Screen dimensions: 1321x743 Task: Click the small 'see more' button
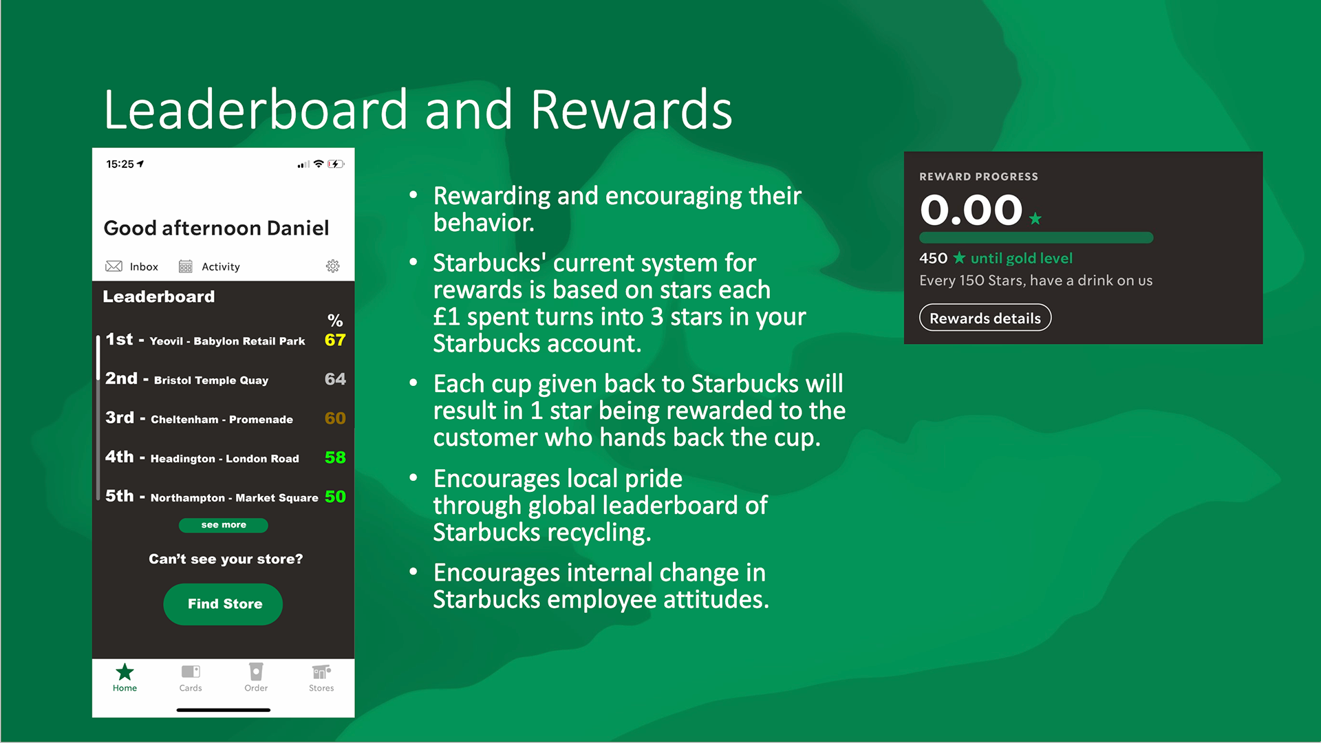pyautogui.click(x=223, y=525)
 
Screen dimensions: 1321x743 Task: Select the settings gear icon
pyautogui.click(x=333, y=266)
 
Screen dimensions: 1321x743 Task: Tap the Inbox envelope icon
pyautogui.click(x=114, y=266)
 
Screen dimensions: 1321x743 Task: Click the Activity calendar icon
pyautogui.click(x=185, y=266)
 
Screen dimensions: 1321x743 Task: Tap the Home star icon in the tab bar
pyautogui.click(x=125, y=671)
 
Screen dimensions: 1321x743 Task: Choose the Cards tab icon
pyautogui.click(x=191, y=671)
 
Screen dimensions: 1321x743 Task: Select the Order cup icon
pyautogui.click(x=256, y=671)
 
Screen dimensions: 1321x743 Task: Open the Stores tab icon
pyautogui.click(x=321, y=671)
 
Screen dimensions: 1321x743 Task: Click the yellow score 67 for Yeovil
pyautogui.click(x=335, y=340)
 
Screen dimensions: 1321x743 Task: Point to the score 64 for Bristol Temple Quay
pyautogui.click(x=335, y=379)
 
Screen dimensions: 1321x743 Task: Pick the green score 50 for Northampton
pyautogui.click(x=335, y=497)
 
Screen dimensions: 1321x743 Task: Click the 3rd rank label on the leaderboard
pyautogui.click(x=120, y=418)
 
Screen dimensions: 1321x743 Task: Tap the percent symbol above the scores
pyautogui.click(x=335, y=321)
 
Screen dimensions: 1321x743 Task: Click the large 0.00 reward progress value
pyautogui.click(x=971, y=210)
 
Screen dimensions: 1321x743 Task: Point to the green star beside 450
pyautogui.click(x=959, y=258)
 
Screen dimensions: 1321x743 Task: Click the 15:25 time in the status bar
pyautogui.click(x=120, y=164)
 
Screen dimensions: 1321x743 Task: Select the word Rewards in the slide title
pyautogui.click(x=631, y=110)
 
